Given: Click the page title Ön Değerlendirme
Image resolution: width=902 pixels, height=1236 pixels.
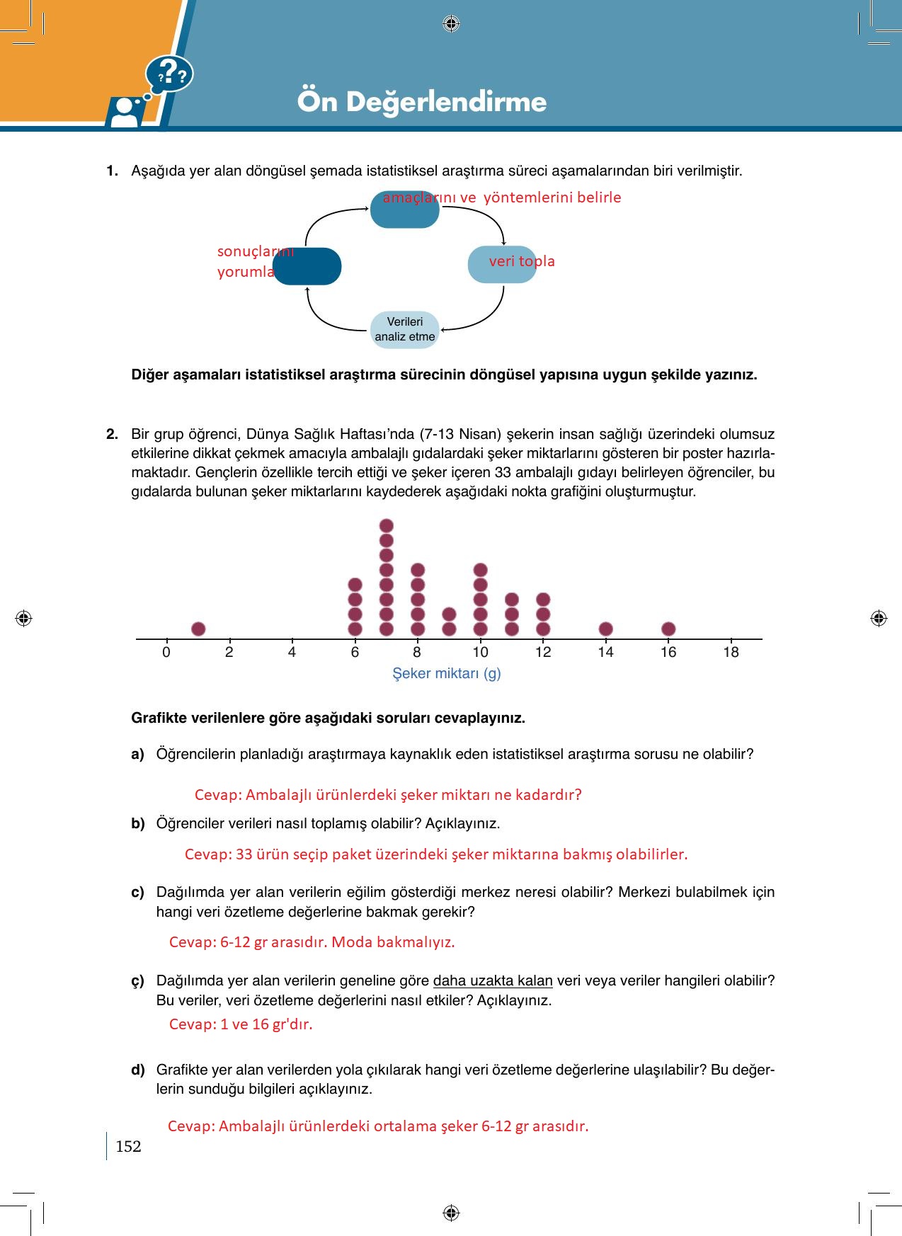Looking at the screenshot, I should (422, 101).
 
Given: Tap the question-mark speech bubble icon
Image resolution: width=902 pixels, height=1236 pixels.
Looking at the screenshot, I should (170, 74).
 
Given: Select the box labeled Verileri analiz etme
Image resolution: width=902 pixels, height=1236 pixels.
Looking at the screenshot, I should (405, 329).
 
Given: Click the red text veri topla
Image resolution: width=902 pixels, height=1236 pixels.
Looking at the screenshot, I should (522, 261).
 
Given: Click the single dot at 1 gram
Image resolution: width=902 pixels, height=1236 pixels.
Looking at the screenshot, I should (198, 629).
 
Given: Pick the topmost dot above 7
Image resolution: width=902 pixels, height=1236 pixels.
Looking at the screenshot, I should (387, 525).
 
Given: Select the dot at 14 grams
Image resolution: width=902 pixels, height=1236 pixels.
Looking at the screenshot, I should (605, 629).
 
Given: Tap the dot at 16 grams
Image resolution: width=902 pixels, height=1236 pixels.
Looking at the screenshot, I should (668, 629).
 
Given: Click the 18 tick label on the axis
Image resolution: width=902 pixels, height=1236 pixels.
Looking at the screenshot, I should (731, 652).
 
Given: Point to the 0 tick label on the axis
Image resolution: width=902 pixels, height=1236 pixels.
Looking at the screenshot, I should (166, 652).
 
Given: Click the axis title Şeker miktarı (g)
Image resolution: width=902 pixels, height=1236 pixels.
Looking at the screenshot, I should (447, 673).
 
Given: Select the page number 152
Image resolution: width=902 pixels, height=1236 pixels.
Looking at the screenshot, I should (128, 1146).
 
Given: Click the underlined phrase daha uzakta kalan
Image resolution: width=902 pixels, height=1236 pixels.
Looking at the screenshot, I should (493, 980).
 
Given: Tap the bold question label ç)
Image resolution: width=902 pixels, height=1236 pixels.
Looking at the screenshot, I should (137, 981).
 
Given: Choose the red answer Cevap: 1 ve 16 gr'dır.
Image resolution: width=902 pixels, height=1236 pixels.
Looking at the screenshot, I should (241, 1024).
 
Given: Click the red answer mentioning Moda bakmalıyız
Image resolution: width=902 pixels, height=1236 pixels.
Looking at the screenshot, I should (312, 942).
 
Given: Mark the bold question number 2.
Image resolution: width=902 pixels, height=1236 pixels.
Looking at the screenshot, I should (112, 434).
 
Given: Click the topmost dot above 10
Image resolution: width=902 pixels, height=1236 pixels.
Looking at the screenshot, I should (480, 570).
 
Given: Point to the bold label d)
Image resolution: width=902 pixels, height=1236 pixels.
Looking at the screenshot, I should (137, 1070).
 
